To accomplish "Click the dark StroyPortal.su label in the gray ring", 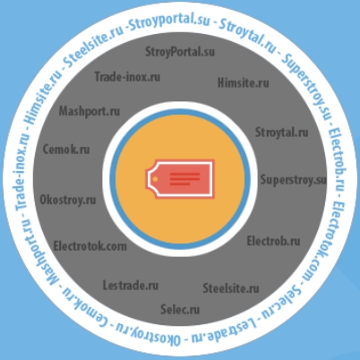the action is tap(180, 52).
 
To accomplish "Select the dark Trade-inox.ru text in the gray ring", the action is tap(127, 77).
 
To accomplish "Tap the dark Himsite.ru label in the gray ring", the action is tap(244, 82).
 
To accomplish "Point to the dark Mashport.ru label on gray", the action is tap(90, 111).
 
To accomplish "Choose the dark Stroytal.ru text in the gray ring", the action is tap(282, 133).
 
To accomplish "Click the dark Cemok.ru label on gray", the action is tap(66, 149).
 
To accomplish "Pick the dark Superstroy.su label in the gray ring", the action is tap(294, 180).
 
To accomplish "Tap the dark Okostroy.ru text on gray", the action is tap(68, 200).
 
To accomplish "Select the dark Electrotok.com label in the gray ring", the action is tap(90, 246).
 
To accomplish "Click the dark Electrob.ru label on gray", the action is tap(273, 241).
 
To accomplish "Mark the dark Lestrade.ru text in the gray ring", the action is tap(131, 286).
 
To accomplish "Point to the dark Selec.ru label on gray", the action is tap(180, 309).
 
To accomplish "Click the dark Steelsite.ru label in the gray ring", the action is tap(231, 288).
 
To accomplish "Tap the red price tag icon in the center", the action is tap(180, 179).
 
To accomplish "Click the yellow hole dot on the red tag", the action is tap(155, 179).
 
